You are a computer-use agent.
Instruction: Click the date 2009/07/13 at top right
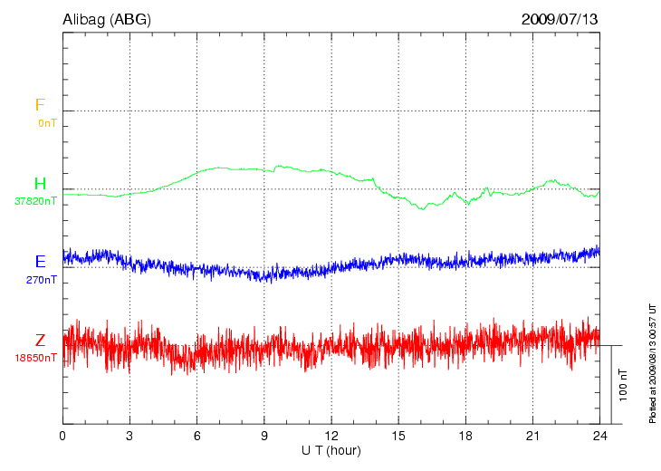(560, 18)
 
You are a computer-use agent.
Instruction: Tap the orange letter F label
(40, 105)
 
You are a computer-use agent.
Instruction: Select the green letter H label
(40, 184)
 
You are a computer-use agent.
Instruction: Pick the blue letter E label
(40, 262)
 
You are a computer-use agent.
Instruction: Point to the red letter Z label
(40, 341)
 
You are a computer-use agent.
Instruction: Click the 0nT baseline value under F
(46, 122)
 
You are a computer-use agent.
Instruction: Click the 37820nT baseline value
(35, 201)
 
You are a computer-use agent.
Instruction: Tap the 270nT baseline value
(42, 280)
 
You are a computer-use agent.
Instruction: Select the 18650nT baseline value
(35, 358)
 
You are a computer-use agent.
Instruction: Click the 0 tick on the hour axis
(62, 436)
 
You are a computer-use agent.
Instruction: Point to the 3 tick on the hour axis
(129, 436)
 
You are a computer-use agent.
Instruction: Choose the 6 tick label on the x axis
(197, 436)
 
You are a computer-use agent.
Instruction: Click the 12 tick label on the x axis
(331, 436)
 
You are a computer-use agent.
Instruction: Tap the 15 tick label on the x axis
(398, 436)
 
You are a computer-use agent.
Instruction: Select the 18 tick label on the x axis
(465, 436)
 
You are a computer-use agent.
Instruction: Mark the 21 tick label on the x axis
(532, 436)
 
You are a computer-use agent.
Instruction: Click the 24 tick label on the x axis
(599, 436)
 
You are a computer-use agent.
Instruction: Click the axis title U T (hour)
(330, 449)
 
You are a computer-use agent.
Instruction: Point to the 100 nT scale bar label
(624, 384)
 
